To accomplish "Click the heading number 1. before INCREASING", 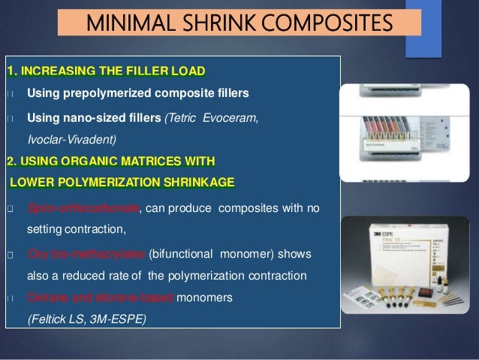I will [x=12, y=71].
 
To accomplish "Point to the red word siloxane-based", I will [x=137, y=298].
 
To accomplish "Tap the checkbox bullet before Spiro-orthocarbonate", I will [x=9, y=208].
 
